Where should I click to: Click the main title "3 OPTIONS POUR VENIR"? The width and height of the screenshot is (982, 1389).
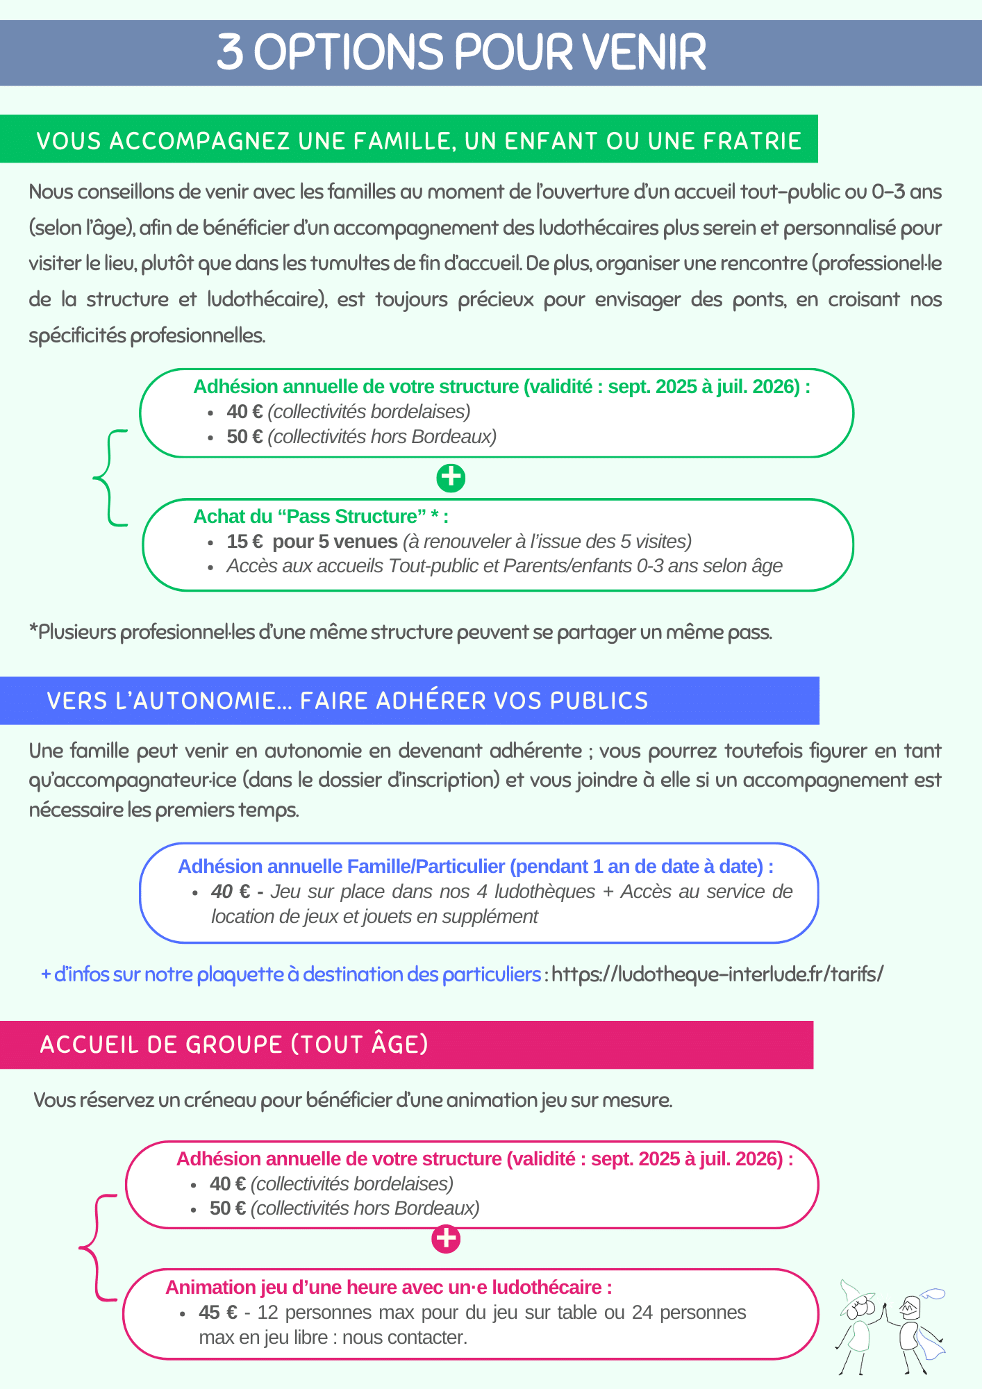461,53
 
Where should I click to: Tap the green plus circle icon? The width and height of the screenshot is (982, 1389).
451,478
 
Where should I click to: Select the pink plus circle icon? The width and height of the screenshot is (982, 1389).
446,1239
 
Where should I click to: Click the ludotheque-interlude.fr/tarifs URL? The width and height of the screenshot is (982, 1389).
717,974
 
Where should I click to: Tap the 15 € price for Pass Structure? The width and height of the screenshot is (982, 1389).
244,542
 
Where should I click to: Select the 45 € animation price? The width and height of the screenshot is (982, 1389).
217,1313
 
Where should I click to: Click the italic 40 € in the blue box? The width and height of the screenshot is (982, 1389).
231,892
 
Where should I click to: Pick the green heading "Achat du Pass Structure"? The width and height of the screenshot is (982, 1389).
320,517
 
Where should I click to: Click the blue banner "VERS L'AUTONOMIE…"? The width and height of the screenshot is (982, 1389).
347,701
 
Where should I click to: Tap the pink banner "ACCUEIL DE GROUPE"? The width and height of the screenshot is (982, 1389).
234,1045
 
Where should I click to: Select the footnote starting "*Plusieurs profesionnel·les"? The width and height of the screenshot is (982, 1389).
401,632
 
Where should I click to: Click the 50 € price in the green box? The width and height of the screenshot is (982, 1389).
244,437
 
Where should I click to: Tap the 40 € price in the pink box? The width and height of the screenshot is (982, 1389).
227,1183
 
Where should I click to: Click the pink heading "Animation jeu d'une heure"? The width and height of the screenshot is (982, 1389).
388,1288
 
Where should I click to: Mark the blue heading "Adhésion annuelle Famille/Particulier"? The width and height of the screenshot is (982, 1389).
475,867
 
